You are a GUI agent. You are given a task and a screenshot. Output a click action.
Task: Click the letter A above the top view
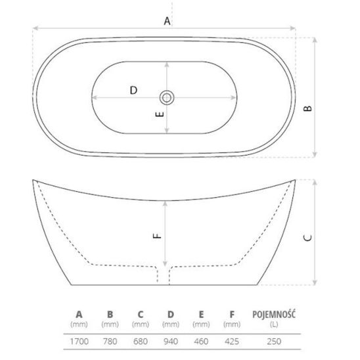tap(167, 21)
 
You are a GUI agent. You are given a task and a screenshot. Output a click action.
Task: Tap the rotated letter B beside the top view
tap(307, 108)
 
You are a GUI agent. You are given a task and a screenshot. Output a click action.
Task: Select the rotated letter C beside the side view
tap(307, 238)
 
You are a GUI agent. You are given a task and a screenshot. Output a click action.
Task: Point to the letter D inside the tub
tap(133, 90)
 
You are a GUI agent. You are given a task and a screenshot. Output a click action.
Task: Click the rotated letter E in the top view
tap(160, 114)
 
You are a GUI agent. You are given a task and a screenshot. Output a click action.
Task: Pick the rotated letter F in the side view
tap(157, 236)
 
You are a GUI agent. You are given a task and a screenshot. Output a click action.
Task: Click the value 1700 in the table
tap(79, 342)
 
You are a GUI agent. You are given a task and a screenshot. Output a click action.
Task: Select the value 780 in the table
tap(110, 342)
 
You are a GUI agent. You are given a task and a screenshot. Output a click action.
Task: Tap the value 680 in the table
tap(141, 342)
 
